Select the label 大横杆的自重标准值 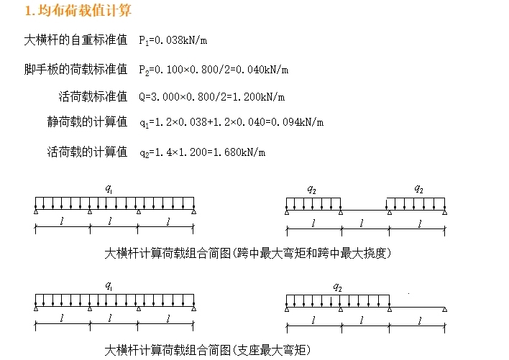coord(75,40)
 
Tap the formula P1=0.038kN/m coord(173,40)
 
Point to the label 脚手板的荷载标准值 coord(75,69)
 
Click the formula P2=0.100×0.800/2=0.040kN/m coord(214,69)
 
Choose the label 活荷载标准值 coord(93,96)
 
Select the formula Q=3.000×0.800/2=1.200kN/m coord(211,96)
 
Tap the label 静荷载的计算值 coord(87,122)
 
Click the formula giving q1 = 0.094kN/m coord(231,123)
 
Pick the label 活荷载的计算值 coord(87,152)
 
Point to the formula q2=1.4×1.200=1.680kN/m coord(202,152)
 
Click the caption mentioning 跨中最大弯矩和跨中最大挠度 coord(248,253)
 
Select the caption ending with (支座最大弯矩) coord(208,350)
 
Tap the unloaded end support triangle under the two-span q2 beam coord(445,309)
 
